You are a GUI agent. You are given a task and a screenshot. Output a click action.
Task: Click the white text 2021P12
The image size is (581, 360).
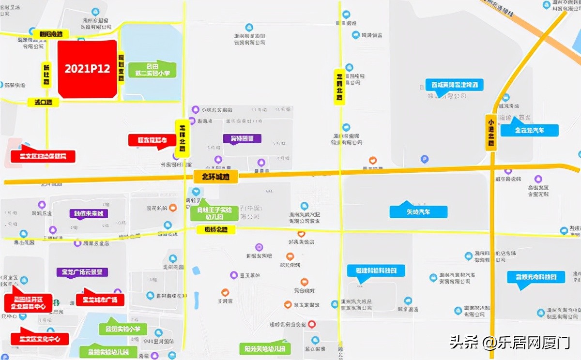[x=87, y=69]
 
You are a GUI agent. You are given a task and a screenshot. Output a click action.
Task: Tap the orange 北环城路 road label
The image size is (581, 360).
[x=215, y=177]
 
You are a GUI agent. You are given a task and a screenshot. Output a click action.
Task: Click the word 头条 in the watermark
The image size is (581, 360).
[x=460, y=343]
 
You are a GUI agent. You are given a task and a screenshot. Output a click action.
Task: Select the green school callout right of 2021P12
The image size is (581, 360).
[x=153, y=70]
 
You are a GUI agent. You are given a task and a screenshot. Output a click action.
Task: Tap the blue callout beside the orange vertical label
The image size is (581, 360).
[x=529, y=130]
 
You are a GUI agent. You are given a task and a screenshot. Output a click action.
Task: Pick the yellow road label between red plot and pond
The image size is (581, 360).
[x=121, y=68]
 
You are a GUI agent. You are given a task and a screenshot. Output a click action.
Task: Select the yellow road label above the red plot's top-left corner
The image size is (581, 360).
[x=54, y=34]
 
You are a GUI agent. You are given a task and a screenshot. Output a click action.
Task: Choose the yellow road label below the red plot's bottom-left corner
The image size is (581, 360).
[x=46, y=102]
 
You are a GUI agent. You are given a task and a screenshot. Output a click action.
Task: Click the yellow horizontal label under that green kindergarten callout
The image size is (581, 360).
[x=216, y=230]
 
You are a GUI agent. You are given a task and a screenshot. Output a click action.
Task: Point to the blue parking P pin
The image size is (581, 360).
[x=424, y=158]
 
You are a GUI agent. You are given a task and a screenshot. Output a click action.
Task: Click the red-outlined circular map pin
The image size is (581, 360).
[x=312, y=324]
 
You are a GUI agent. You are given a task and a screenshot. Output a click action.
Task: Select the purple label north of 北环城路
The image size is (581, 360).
[x=242, y=139]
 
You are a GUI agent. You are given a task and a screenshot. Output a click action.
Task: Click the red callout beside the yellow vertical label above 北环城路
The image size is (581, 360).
[x=151, y=140]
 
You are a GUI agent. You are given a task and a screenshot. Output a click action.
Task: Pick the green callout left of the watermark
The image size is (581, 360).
[x=264, y=348]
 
